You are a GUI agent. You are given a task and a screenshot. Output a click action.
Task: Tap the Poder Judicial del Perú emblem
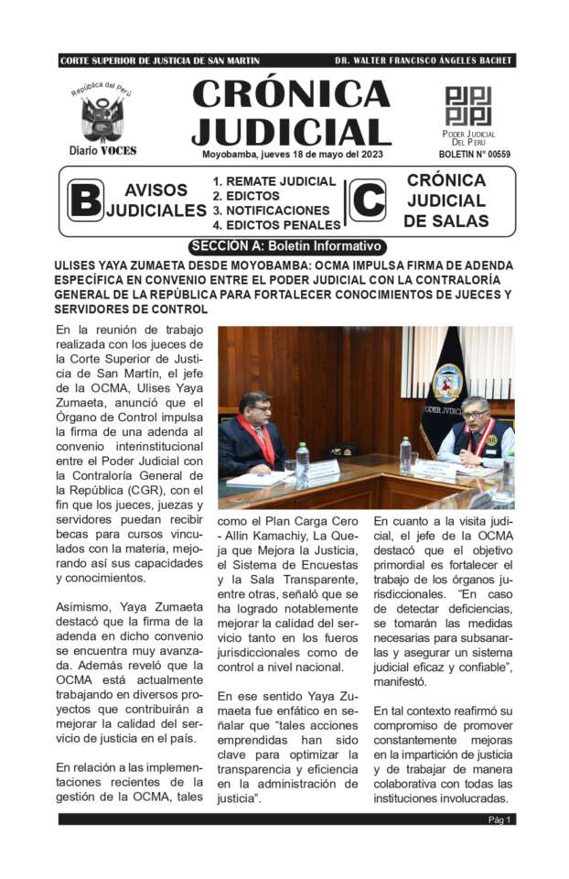coord(468,106)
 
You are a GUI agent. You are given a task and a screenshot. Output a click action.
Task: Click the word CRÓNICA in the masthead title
coord(290,94)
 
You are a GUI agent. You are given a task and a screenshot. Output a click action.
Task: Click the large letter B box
coord(85,201)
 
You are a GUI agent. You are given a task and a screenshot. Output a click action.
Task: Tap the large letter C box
coord(367,201)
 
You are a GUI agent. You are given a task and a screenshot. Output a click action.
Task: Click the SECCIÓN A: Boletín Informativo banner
coord(286,246)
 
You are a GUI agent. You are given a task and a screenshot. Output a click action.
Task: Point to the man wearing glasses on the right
coord(475,418)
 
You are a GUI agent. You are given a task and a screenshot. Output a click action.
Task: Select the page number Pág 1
coord(499,819)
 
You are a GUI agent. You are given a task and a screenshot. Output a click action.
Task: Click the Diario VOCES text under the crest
coord(102,150)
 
